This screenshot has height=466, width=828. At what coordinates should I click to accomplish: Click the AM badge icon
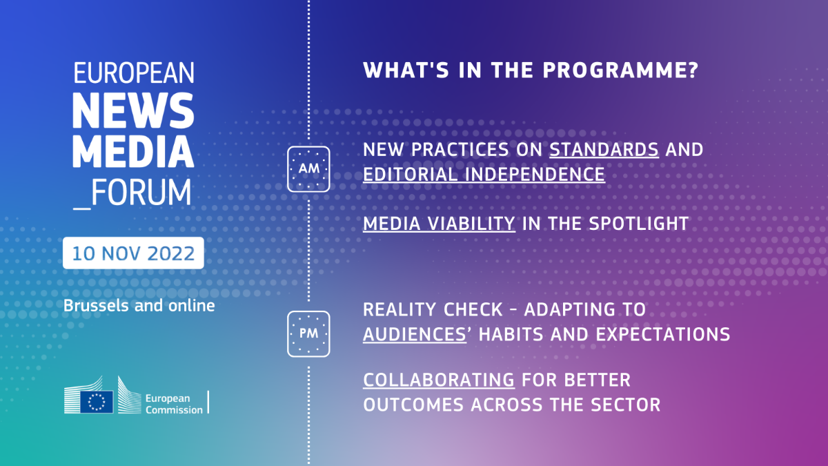(x=308, y=169)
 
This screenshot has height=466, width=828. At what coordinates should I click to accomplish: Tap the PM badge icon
(x=308, y=334)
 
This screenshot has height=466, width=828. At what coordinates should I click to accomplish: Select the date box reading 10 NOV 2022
(x=133, y=253)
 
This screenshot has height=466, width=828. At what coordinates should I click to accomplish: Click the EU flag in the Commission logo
(x=97, y=402)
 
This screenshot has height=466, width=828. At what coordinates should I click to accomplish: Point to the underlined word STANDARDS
(x=604, y=150)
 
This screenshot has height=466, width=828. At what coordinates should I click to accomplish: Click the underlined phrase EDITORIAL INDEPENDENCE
(x=484, y=175)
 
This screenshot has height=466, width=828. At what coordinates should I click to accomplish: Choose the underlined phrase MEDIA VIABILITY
(x=439, y=224)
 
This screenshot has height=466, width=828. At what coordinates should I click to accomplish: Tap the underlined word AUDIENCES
(x=415, y=334)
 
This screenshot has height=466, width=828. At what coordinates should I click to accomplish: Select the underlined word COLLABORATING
(x=439, y=380)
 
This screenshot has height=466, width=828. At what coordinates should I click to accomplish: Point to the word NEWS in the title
(x=133, y=110)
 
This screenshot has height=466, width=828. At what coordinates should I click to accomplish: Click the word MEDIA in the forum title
(x=133, y=151)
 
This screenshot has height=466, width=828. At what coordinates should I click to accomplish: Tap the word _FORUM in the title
(x=132, y=193)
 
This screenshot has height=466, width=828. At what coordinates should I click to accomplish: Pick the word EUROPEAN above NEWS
(x=134, y=72)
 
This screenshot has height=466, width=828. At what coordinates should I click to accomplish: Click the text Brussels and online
(x=139, y=306)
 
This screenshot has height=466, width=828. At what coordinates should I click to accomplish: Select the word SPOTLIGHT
(x=639, y=224)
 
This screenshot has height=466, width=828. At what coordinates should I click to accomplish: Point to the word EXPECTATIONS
(x=663, y=334)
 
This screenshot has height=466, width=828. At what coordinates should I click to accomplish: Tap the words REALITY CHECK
(x=433, y=310)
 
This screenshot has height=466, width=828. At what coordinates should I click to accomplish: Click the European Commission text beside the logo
(x=174, y=404)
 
